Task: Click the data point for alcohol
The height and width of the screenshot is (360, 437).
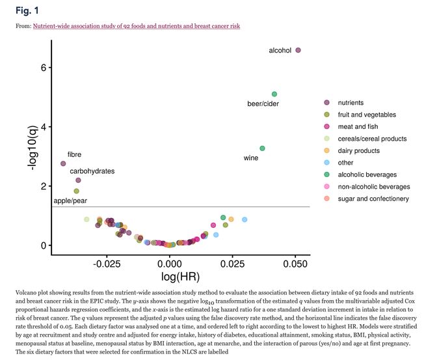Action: [x=298, y=50]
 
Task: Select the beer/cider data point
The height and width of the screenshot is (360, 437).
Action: [x=274, y=94]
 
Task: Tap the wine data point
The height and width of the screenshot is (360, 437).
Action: [x=262, y=148]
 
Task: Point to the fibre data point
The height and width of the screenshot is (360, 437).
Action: [x=63, y=163]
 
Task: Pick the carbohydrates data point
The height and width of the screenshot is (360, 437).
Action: [x=78, y=180]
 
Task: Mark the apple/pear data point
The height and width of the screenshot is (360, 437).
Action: [x=76, y=191]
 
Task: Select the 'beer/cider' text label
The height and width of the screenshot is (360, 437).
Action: [x=263, y=104]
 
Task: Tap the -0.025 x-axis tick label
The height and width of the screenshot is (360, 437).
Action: [x=107, y=266]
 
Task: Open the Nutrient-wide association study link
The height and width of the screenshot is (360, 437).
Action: [x=137, y=26]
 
